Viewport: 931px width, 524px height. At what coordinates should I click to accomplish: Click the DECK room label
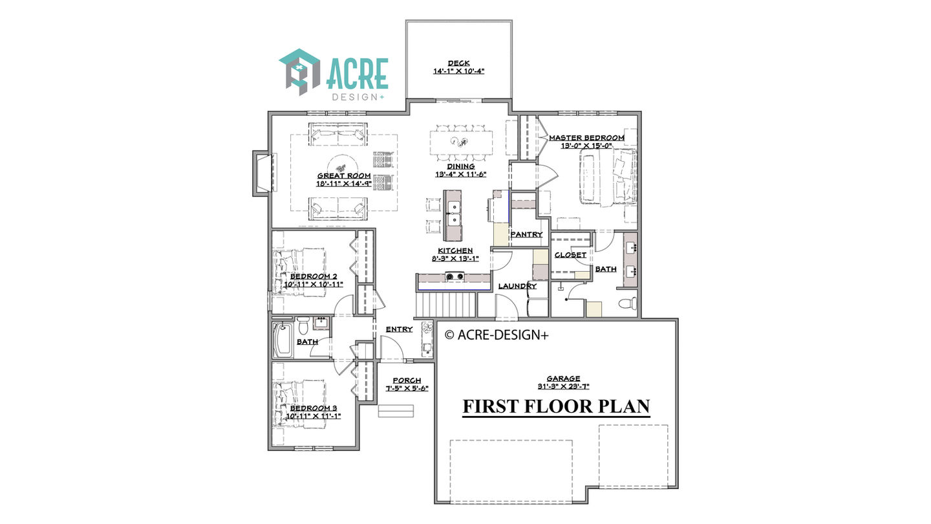(x=458, y=63)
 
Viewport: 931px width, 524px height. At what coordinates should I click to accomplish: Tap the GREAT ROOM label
(x=344, y=176)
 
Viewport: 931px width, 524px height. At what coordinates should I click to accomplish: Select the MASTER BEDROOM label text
(x=586, y=138)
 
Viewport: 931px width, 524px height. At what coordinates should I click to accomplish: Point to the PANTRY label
(x=526, y=235)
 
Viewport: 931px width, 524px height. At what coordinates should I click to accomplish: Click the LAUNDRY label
(x=517, y=286)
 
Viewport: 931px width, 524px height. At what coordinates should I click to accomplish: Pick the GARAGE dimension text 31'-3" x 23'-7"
(x=563, y=386)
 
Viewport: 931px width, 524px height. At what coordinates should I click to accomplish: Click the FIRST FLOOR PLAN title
(x=556, y=406)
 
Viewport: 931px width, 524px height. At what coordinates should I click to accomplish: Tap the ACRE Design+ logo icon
(x=299, y=72)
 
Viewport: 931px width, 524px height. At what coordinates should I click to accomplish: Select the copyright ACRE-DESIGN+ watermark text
(x=497, y=335)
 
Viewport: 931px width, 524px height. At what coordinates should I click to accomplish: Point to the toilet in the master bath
(x=627, y=303)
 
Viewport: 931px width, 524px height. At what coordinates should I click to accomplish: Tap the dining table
(x=461, y=142)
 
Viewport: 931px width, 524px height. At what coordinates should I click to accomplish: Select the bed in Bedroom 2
(x=299, y=272)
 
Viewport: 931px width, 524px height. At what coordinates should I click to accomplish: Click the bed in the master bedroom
(x=608, y=177)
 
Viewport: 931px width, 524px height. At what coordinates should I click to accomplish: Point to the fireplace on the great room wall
(x=264, y=173)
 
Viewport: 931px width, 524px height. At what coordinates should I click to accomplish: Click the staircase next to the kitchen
(x=445, y=305)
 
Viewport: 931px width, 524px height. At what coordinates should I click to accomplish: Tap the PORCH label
(x=407, y=380)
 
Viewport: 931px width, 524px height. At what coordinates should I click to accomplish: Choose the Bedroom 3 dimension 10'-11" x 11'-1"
(x=314, y=417)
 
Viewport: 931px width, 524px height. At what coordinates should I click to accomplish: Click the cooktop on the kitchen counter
(x=455, y=276)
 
